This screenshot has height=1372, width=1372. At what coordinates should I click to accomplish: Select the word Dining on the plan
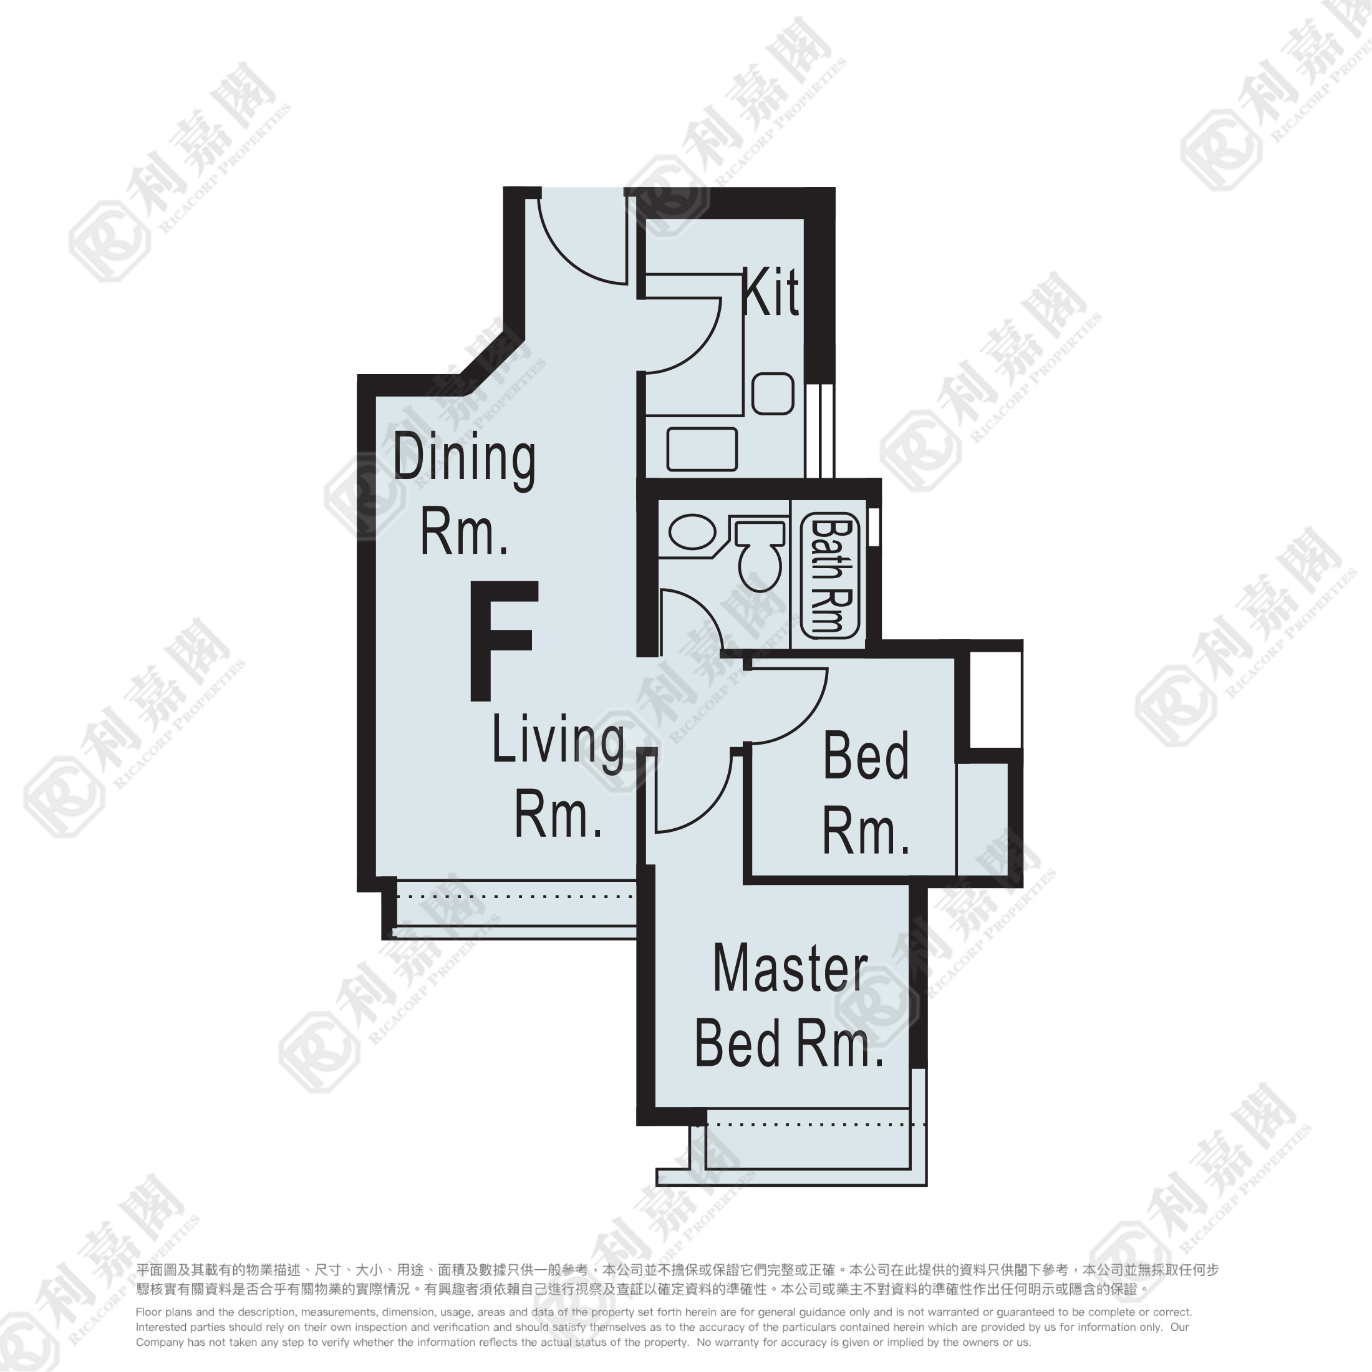pos(465,460)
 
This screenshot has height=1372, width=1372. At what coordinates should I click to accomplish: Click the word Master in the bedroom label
pos(790,969)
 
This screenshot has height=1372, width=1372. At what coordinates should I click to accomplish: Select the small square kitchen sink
pos(773,394)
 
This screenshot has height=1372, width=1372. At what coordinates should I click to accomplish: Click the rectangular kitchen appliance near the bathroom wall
pos(702,449)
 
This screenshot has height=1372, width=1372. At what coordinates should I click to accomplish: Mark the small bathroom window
pos(874,527)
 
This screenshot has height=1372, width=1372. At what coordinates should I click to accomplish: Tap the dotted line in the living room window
pos(516,897)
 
